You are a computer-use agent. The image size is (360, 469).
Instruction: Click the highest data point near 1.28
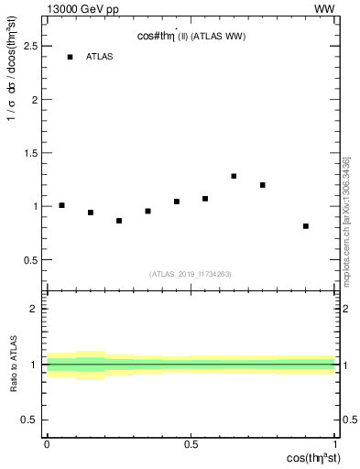pos(234,176)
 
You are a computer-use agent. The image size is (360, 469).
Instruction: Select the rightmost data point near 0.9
pos(306,226)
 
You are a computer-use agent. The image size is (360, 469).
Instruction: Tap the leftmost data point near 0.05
pos(61,205)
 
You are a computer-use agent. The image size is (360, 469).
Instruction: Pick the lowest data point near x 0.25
pos(119,221)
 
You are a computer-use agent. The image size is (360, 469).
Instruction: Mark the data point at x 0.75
pos(263,185)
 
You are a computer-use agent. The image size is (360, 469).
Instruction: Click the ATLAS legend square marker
pos(70,57)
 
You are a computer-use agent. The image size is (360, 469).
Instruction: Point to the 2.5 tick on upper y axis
pos(46,46)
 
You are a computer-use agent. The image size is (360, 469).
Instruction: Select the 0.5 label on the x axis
pos(191,444)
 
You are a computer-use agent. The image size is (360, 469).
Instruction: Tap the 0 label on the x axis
pos(47,444)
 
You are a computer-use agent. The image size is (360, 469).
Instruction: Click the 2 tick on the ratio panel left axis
pos(46,310)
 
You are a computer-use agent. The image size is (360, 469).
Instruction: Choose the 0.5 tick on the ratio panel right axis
pos(335,420)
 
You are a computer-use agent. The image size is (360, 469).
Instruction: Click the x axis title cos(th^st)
pos(310,458)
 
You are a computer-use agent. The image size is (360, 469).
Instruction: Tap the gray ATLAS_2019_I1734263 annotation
pos(191,273)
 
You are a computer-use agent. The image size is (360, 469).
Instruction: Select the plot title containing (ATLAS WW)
pos(191,36)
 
